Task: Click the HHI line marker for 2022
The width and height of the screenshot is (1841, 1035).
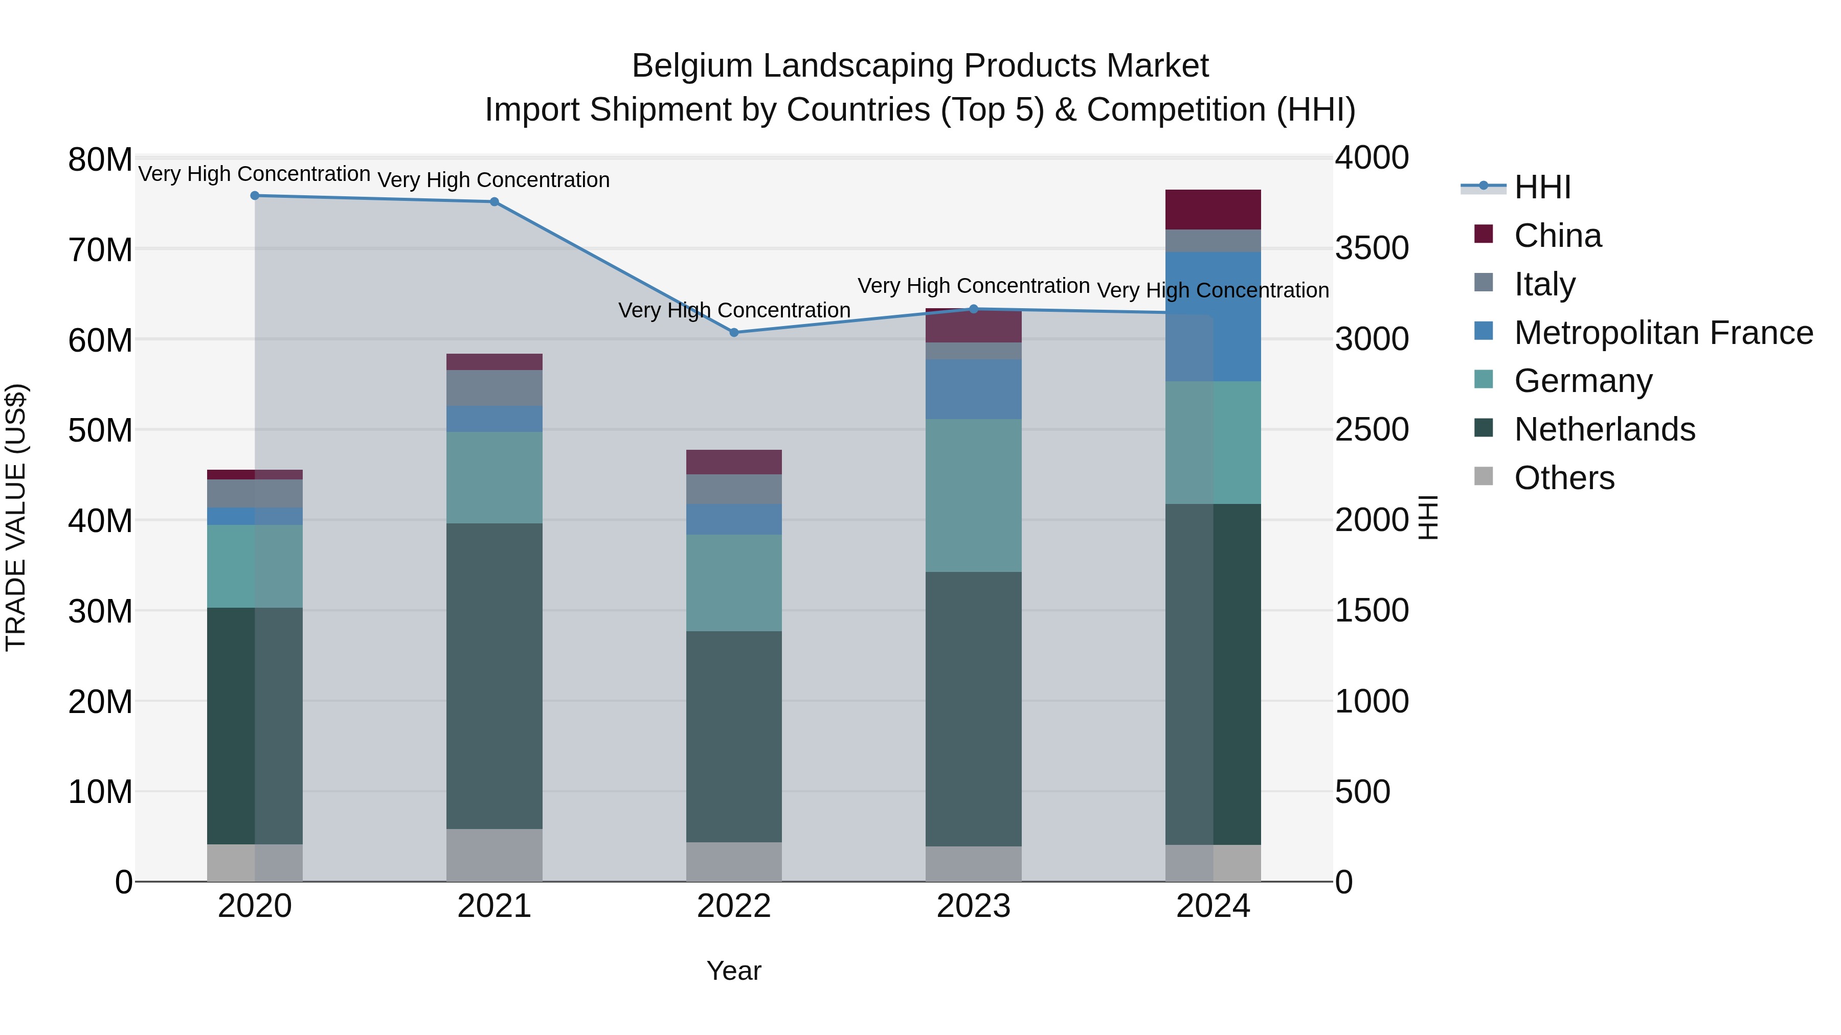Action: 734,332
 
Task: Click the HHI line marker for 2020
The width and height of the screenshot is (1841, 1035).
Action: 255,196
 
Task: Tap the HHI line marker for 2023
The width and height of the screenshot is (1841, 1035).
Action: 973,309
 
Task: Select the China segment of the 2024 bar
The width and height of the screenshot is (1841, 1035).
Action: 1213,210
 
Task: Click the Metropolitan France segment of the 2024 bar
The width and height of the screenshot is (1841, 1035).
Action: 1213,316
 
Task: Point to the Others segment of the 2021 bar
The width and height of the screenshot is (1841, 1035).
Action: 495,855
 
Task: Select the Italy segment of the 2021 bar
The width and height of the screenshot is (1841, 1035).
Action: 495,388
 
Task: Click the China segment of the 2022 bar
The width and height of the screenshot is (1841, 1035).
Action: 734,462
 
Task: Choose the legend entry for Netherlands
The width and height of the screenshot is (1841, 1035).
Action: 1604,429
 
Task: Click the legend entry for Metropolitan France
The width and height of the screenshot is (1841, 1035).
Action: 1663,333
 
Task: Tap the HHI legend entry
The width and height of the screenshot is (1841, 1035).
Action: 1542,187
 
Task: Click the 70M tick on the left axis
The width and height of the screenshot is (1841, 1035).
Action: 100,250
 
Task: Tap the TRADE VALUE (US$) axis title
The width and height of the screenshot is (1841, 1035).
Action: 16,517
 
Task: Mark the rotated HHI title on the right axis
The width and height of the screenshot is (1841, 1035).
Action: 1427,517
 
